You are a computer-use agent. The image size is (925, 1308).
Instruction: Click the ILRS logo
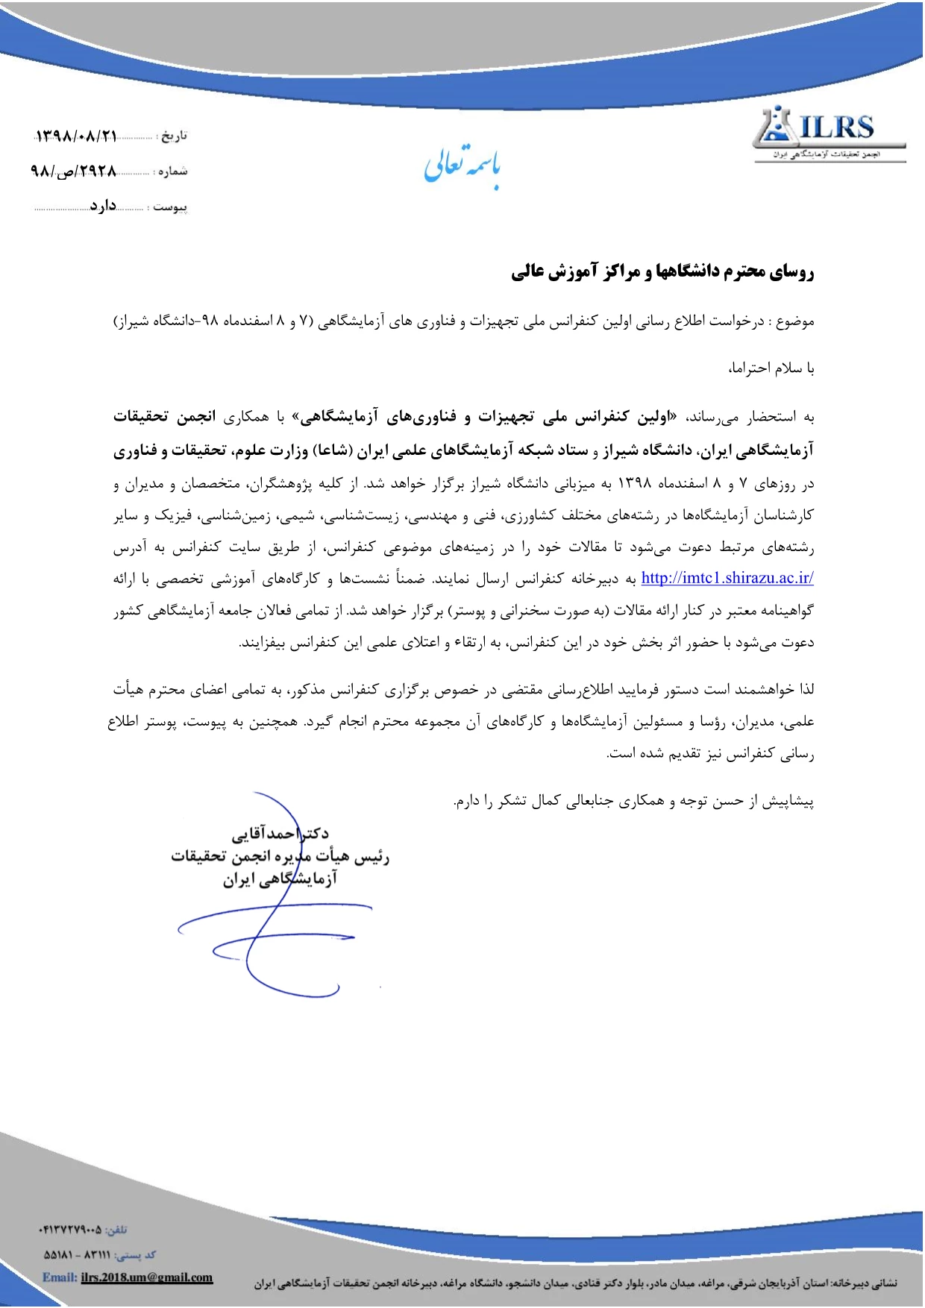828,133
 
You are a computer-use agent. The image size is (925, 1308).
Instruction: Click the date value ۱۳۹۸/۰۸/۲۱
76,136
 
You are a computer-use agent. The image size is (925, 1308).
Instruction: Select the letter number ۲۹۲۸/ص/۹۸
74,171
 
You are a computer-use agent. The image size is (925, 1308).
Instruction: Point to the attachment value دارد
103,205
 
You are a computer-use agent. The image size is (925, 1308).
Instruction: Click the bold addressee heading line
662,272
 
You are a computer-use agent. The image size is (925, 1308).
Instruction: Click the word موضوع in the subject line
795,321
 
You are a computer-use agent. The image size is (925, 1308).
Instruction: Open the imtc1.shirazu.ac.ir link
727,577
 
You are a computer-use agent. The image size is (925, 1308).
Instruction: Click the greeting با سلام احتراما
771,368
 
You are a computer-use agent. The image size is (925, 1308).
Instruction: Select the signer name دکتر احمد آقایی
280,833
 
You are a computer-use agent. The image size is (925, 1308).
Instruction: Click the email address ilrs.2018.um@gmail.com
147,1277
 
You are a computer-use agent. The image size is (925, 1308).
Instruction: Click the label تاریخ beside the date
174,136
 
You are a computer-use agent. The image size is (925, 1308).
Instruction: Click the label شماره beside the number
172,172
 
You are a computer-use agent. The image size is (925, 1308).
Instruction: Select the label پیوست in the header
170,207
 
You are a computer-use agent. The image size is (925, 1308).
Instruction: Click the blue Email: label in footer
60,1277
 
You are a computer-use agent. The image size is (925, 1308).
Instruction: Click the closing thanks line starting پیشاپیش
634,802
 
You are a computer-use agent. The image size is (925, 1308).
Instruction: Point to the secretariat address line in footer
574,1283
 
